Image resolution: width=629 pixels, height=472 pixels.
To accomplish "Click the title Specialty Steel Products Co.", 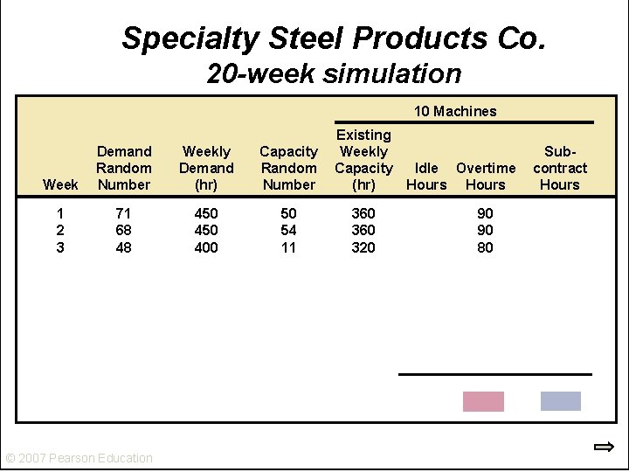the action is tap(334, 38).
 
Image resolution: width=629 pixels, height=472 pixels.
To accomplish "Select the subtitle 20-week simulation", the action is tap(334, 73).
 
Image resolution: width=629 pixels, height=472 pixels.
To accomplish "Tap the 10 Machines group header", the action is tap(455, 111).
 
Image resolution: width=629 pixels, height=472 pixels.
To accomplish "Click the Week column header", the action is tap(60, 184).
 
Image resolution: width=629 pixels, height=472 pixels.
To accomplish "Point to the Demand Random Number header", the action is tap(124, 168).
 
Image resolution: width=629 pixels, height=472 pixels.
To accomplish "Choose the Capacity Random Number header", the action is tap(289, 168).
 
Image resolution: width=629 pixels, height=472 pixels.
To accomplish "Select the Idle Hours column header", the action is tap(426, 177).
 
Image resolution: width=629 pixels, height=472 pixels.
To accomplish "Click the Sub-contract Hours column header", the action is tap(560, 168).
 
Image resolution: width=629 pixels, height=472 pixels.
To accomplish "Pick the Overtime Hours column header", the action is tap(486, 177).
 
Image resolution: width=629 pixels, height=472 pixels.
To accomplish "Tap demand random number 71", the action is tap(123, 213).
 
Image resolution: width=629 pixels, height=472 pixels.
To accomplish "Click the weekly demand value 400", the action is tap(206, 247).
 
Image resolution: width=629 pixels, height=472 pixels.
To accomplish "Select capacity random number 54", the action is tap(289, 231).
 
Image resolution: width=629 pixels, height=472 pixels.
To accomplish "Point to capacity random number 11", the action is tap(288, 247).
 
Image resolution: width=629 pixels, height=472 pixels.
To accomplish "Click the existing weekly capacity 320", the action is tap(363, 247).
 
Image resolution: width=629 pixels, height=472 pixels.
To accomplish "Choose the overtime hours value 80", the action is tap(486, 247).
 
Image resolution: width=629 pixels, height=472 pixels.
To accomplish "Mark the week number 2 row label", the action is tap(60, 231).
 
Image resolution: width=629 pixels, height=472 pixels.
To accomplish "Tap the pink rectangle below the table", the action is tap(483, 401).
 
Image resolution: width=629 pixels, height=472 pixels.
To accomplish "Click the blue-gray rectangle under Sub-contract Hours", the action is tap(561, 401).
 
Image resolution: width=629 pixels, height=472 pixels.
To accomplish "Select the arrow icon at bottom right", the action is tap(605, 447).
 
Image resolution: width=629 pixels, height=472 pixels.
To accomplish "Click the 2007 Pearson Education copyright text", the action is tap(79, 458).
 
